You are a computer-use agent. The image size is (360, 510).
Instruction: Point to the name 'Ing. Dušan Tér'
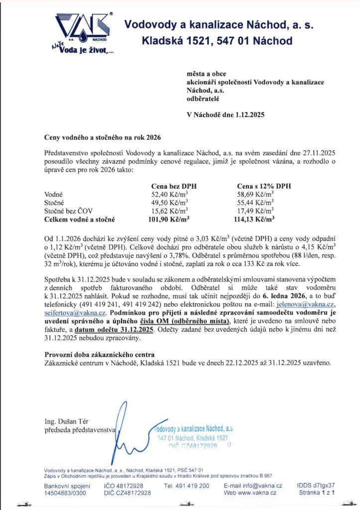(x=65, y=421)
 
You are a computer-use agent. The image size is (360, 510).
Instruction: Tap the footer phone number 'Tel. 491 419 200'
(x=186, y=486)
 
